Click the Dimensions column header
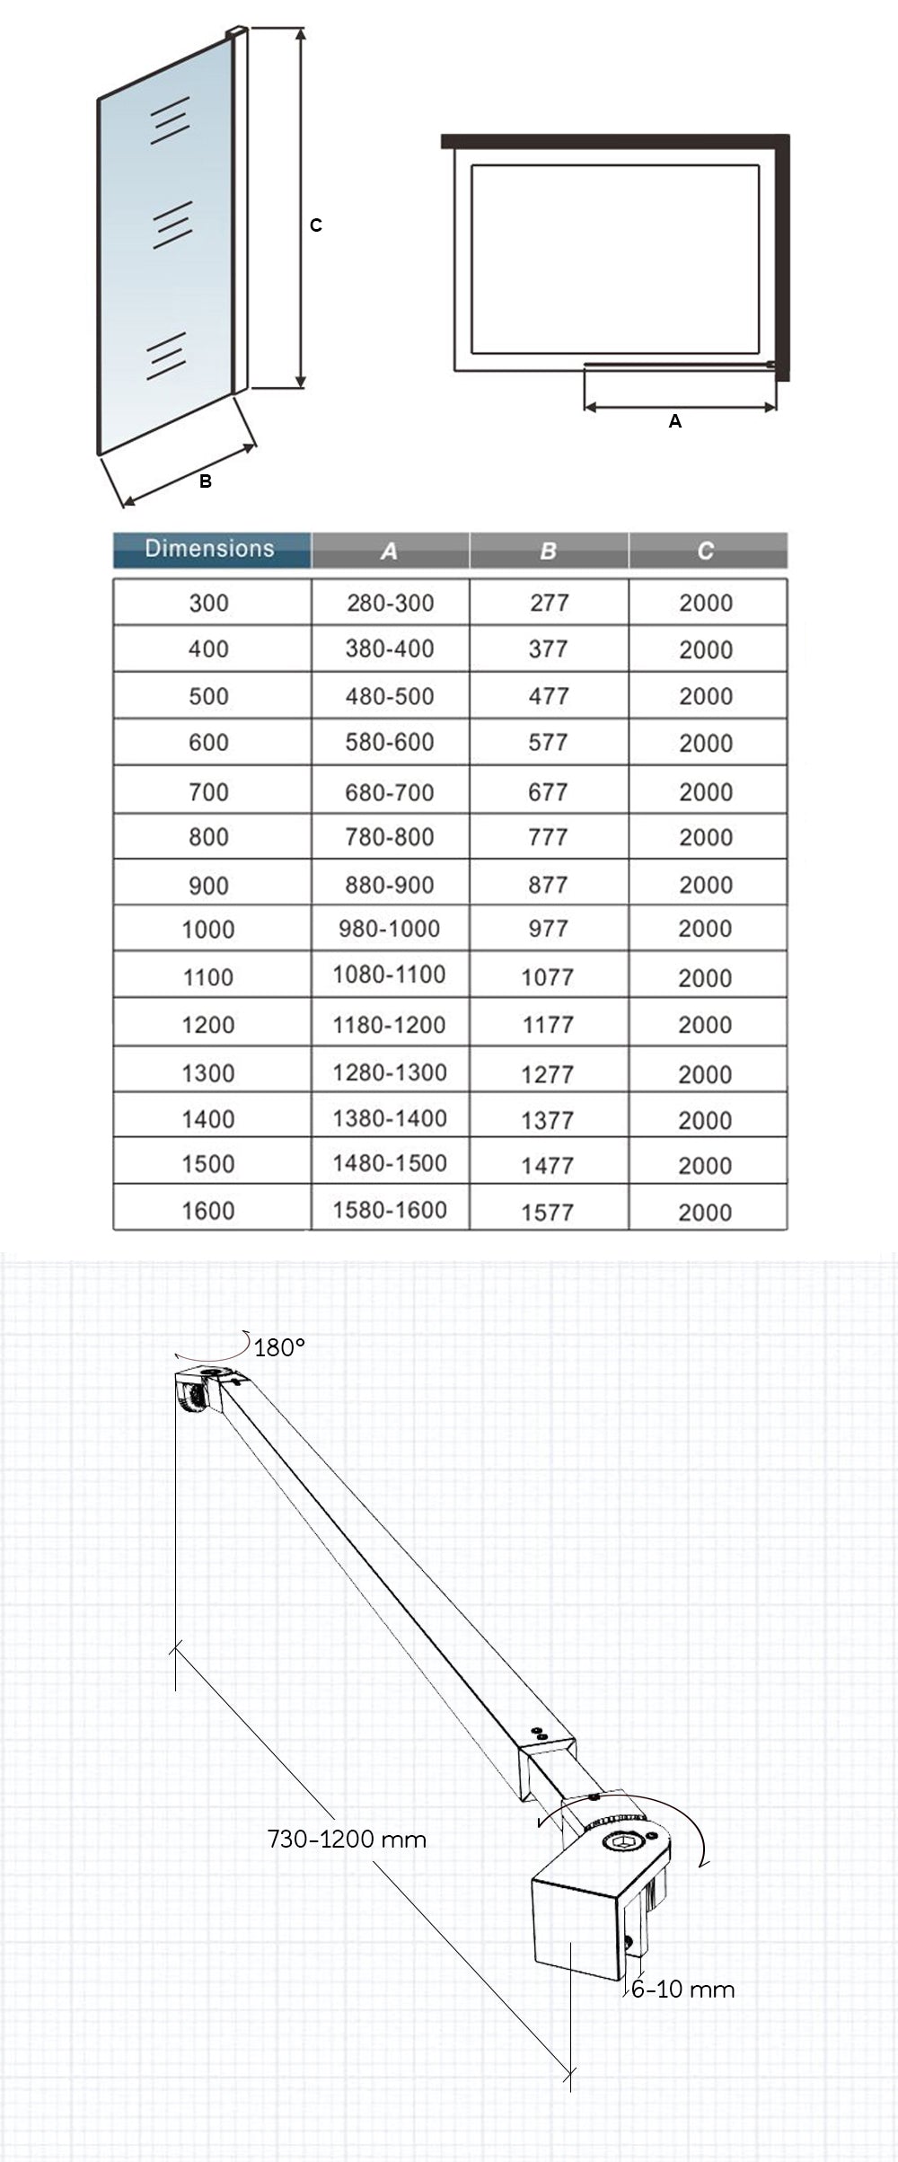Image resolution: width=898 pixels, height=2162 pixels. click(x=210, y=549)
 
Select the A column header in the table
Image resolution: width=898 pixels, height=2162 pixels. click(x=389, y=551)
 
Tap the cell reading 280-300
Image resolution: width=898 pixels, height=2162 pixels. click(x=390, y=603)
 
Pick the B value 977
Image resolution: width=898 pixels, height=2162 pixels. click(x=548, y=929)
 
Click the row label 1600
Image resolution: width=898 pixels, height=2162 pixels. click(x=208, y=1211)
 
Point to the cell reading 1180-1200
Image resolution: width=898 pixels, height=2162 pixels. click(x=389, y=1025)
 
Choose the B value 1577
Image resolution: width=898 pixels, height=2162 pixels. click(x=547, y=1213)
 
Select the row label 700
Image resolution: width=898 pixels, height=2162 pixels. click(x=208, y=792)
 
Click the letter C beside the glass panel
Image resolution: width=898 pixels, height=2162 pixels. click(x=315, y=225)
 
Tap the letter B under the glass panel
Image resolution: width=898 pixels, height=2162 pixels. click(x=205, y=481)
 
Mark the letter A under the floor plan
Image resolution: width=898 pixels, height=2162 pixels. click(x=675, y=421)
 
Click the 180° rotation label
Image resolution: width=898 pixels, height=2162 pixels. click(x=279, y=1347)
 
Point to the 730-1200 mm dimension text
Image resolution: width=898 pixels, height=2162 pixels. click(x=347, y=1839)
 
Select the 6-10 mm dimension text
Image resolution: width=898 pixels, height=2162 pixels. click(x=682, y=1990)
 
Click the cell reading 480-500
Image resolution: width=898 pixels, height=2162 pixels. click(x=390, y=696)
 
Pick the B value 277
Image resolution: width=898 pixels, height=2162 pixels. click(x=549, y=603)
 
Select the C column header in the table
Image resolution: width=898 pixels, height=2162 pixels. click(x=706, y=551)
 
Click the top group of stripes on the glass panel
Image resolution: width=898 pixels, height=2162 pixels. click(x=169, y=120)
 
